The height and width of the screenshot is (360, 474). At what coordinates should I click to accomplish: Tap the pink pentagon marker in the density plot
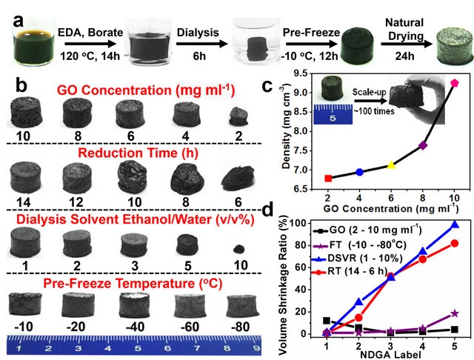(x=454, y=83)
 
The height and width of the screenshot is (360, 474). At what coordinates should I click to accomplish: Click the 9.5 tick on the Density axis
(x=289, y=73)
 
